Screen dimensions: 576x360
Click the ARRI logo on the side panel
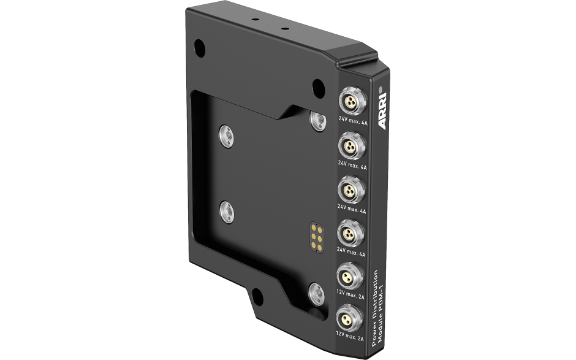click(382, 110)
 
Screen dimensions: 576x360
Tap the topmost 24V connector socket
click(352, 101)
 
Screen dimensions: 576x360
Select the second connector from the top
click(352, 145)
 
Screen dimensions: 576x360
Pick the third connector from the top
click(352, 190)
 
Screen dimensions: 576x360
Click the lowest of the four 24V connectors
click(351, 233)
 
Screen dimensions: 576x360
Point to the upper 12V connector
click(350, 276)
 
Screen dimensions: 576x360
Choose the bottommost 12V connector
click(349, 318)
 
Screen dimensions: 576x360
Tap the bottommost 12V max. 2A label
click(349, 336)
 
